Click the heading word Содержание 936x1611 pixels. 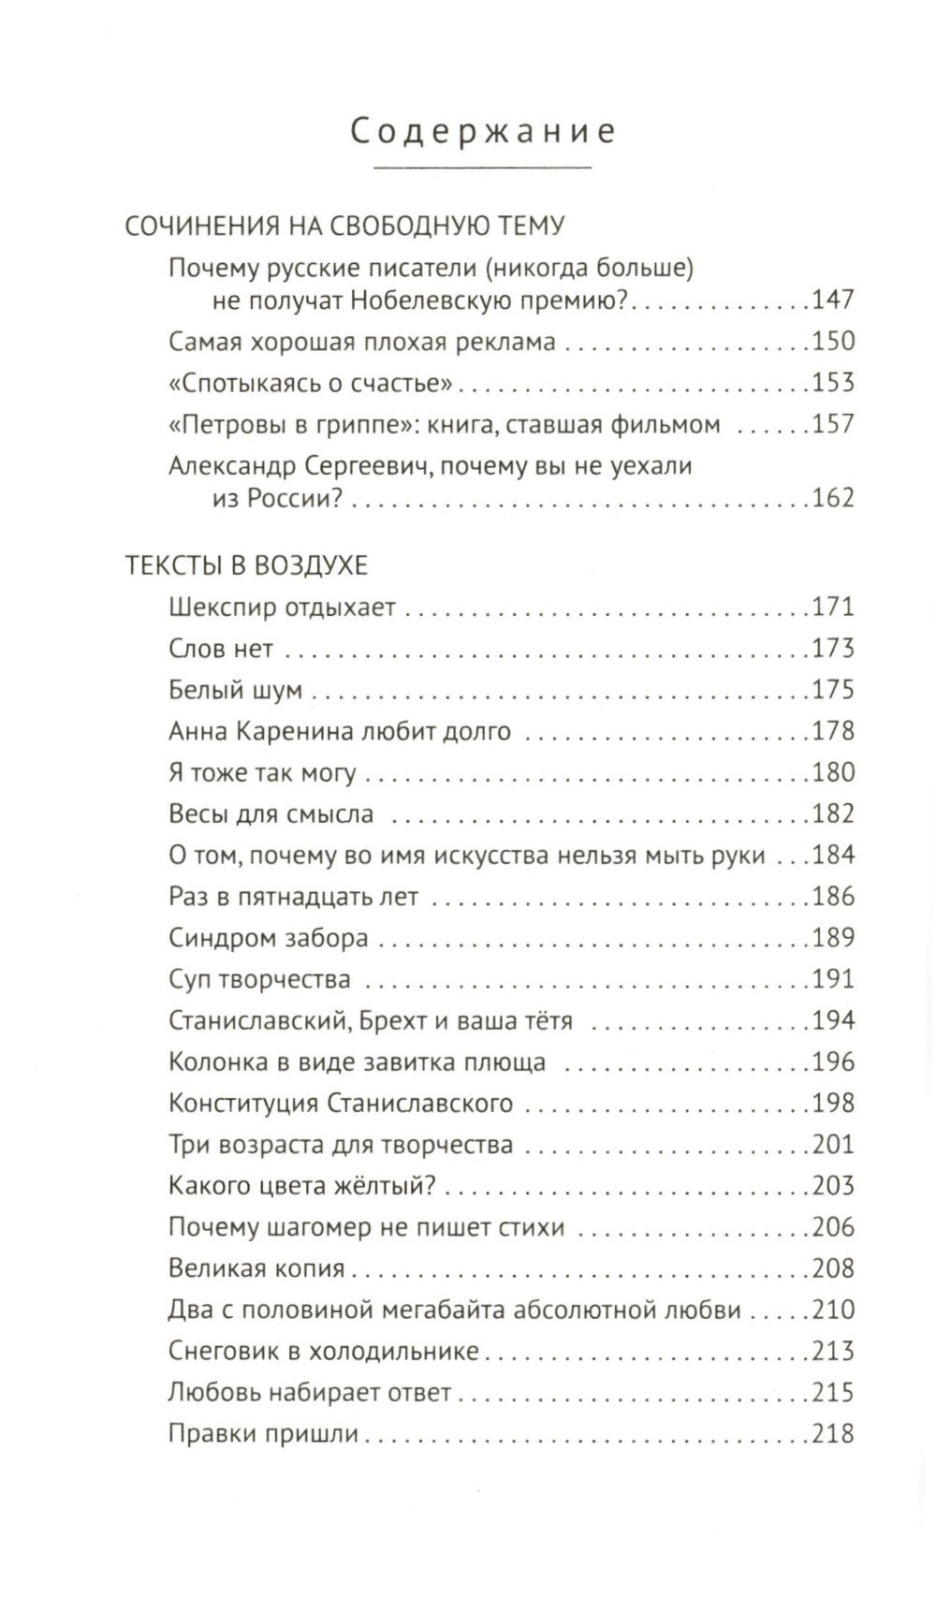click(483, 131)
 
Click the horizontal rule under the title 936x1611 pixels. click(483, 168)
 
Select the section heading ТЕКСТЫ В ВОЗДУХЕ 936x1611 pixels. click(246, 565)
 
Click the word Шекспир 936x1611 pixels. click(224, 608)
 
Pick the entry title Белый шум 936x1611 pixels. click(236, 690)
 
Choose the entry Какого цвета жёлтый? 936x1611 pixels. click(302, 1185)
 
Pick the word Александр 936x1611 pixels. click(235, 465)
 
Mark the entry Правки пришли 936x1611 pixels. click(264, 1433)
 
